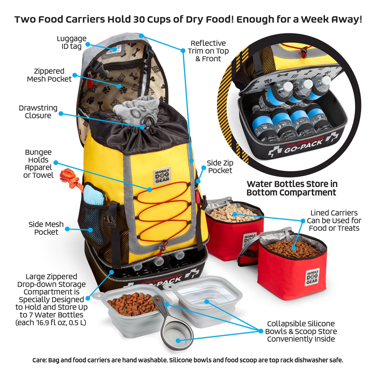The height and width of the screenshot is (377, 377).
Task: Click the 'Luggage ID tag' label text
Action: [x=71, y=43]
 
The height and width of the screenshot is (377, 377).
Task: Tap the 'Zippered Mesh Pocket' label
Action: [x=49, y=75]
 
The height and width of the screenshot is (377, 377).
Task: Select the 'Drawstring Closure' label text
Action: [x=38, y=112]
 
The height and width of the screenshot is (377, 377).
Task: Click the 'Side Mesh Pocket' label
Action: [x=46, y=228]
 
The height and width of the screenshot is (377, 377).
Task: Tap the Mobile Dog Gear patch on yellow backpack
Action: [x=162, y=176]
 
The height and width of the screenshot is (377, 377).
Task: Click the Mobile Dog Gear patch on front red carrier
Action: [x=312, y=277]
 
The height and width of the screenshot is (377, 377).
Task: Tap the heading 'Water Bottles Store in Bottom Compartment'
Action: [x=292, y=188]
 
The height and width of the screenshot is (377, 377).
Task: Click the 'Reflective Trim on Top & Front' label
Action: [x=208, y=51]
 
